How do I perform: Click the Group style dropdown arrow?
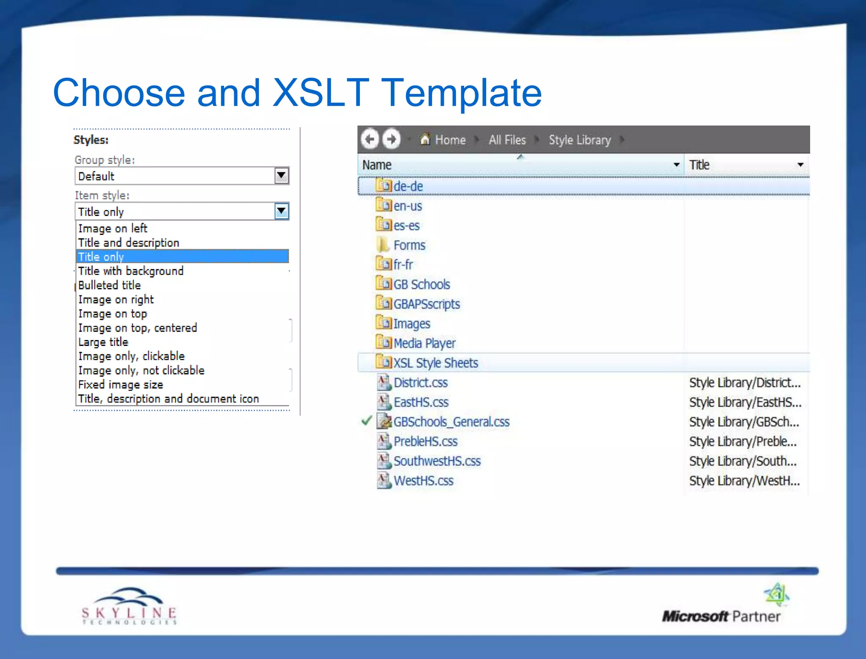click(281, 175)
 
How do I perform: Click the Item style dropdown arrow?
click(281, 211)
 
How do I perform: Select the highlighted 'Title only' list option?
click(182, 256)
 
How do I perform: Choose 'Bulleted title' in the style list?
click(110, 285)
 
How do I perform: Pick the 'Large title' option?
click(103, 342)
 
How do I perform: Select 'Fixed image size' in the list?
click(121, 384)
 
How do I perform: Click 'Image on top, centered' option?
click(137, 328)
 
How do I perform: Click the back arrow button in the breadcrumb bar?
click(370, 139)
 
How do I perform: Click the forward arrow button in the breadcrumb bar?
click(391, 139)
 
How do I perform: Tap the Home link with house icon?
click(444, 139)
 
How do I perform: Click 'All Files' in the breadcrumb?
click(507, 140)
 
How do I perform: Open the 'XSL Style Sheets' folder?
click(436, 363)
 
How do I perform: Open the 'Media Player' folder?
click(424, 343)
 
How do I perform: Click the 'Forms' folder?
click(409, 245)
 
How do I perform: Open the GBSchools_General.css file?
click(451, 422)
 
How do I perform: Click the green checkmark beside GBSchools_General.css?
click(367, 421)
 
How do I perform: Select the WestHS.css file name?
click(423, 481)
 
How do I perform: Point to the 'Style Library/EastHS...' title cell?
click(745, 402)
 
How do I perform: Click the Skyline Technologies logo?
click(129, 607)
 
